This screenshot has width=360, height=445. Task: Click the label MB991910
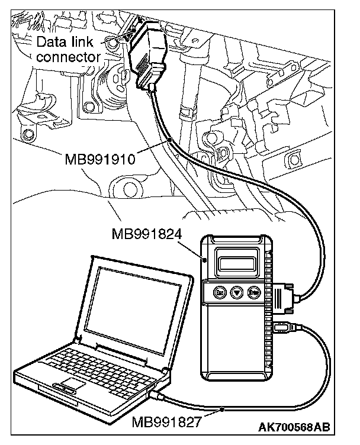(101, 159)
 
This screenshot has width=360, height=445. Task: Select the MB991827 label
(167, 422)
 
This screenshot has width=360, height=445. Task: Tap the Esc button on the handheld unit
(219, 292)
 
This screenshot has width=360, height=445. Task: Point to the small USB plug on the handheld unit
(284, 326)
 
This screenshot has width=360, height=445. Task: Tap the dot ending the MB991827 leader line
(221, 408)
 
